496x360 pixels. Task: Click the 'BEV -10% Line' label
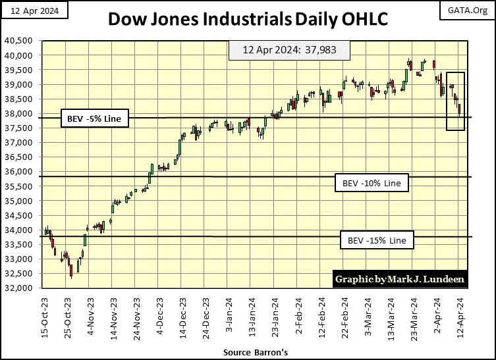click(x=372, y=182)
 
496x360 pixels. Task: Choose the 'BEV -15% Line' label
click(x=377, y=240)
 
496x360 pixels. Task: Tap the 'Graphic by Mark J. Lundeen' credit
click(x=400, y=279)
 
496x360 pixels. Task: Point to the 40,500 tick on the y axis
click(x=21, y=41)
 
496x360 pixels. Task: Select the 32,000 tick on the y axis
click(x=21, y=288)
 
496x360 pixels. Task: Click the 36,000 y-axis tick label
click(x=21, y=172)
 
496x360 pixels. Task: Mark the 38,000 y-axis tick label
click(x=21, y=114)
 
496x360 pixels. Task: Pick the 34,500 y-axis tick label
click(x=21, y=215)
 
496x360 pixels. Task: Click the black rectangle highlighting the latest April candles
click(x=455, y=101)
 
